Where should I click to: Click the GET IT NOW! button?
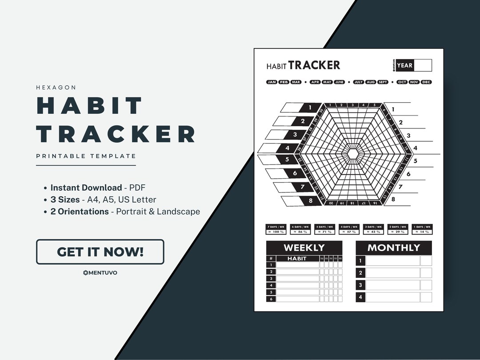pyautogui.click(x=100, y=252)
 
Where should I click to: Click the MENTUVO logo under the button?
pyautogui.click(x=100, y=272)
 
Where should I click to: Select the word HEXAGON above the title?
pyautogui.click(x=56, y=88)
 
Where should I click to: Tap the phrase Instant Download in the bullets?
pyautogui.click(x=86, y=188)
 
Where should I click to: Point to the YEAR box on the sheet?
pyautogui.click(x=405, y=65)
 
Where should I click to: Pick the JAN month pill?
pyautogui.click(x=272, y=82)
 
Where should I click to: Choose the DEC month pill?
pyautogui.click(x=426, y=82)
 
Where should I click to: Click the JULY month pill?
pyautogui.click(x=359, y=82)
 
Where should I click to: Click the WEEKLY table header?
pyautogui.click(x=304, y=248)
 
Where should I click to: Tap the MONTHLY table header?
pyautogui.click(x=393, y=248)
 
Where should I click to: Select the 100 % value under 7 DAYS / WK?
pyautogui.click(x=275, y=232)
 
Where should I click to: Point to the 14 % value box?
pyautogui.click(x=422, y=232)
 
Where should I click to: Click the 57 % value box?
pyautogui.click(x=348, y=232)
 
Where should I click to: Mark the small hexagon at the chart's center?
pyautogui.click(x=353, y=153)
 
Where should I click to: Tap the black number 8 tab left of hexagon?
pyautogui.click(x=310, y=201)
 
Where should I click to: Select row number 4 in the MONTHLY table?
pyautogui.click(x=360, y=297)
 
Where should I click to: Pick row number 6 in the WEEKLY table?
pyautogui.click(x=271, y=299)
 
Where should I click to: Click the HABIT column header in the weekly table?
pyautogui.click(x=297, y=258)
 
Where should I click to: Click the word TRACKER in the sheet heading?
pyautogui.click(x=314, y=65)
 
